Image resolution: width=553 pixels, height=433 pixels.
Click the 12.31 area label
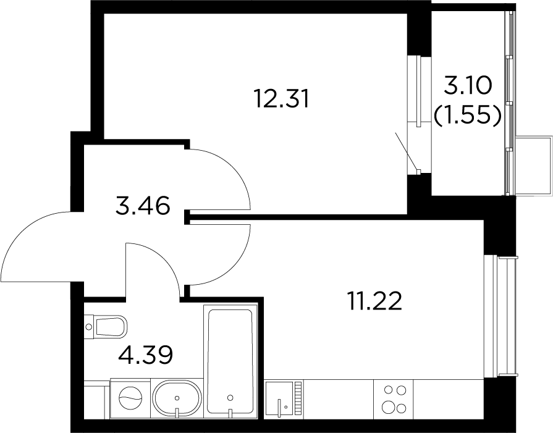point(282,99)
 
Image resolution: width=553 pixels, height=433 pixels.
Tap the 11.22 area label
point(375,301)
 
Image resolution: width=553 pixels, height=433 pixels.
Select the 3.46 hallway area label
point(143,206)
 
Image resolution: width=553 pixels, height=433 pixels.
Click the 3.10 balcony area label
point(467,86)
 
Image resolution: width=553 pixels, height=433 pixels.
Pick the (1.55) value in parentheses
point(467,116)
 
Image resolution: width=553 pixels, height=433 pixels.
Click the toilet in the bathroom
point(106,327)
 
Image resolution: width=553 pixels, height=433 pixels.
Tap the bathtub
point(230,361)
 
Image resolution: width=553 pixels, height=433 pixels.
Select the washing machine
point(130,398)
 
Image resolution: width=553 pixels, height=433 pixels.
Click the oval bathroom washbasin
point(177,398)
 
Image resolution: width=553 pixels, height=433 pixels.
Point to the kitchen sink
point(279,398)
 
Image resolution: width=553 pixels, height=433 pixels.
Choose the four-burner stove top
point(394,399)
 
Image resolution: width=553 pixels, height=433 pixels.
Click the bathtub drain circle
point(230,398)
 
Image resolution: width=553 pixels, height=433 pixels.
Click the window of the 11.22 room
point(500,316)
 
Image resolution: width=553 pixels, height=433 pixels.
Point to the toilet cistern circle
point(88,327)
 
